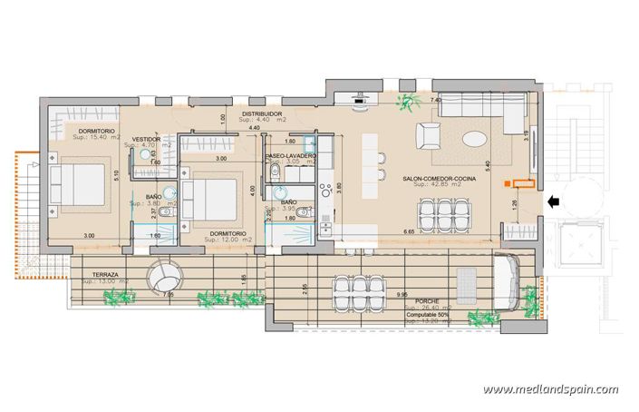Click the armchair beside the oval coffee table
pos(429,138)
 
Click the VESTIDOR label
pos(146,139)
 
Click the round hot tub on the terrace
pos(165,274)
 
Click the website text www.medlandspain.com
pos(550,389)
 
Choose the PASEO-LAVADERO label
pos(290,156)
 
